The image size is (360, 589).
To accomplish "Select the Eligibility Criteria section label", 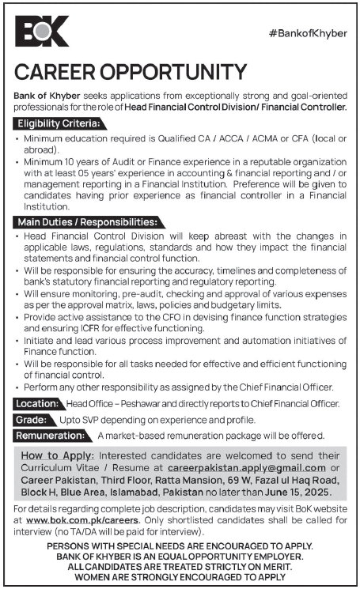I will coord(60,124).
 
